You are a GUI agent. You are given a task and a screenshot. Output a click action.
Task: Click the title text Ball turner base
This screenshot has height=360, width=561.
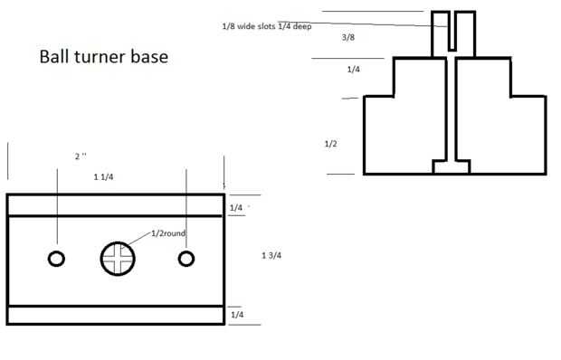tap(104, 57)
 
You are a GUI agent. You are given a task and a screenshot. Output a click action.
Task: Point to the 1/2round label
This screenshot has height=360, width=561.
tap(168, 233)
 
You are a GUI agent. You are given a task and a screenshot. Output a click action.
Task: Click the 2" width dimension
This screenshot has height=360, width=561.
tap(81, 156)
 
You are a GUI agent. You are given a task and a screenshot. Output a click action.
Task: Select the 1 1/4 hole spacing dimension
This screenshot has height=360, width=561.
tap(103, 177)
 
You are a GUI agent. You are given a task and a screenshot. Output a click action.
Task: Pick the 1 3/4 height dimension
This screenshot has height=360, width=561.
tap(271, 255)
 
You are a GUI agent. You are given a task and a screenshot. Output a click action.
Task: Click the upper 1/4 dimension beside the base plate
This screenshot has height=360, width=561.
tap(236, 208)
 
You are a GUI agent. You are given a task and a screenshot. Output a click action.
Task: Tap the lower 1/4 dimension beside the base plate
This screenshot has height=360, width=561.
tap(237, 315)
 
